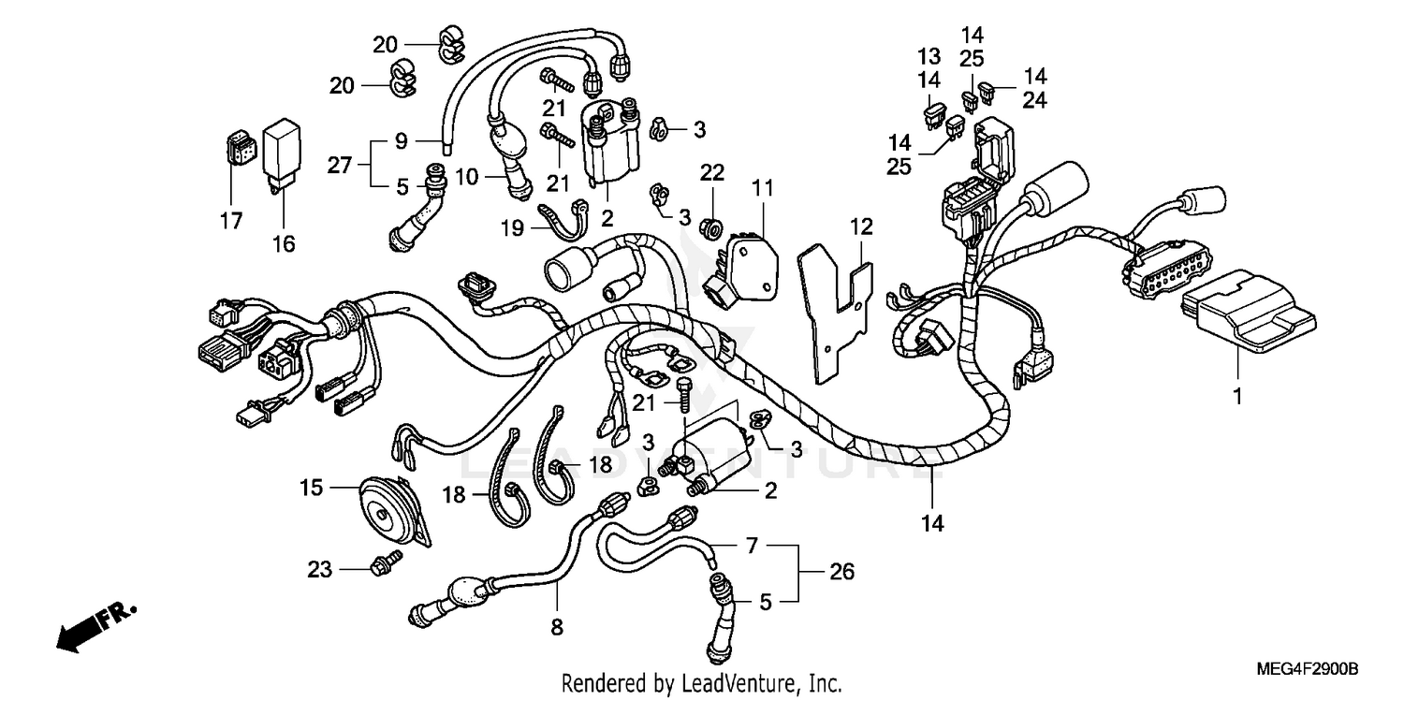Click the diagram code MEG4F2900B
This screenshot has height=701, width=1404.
click(x=1307, y=670)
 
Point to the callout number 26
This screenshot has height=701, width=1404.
click(x=841, y=571)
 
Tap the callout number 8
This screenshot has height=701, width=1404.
click(x=557, y=628)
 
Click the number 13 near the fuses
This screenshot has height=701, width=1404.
click(x=928, y=55)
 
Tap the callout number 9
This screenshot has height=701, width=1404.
click(x=402, y=142)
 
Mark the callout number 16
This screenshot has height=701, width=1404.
click(x=284, y=244)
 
